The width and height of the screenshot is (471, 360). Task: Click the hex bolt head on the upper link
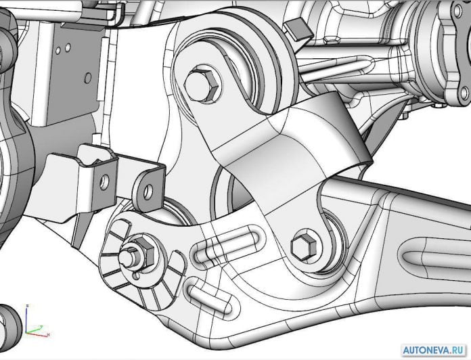(x=201, y=85)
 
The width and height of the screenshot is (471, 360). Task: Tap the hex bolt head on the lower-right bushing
(x=303, y=246)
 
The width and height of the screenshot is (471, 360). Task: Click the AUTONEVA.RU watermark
(x=434, y=350)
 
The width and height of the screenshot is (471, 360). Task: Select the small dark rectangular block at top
(x=298, y=29)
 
